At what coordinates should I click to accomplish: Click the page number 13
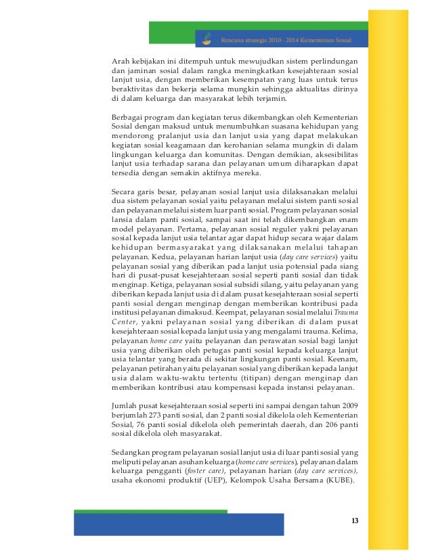tap(355, 520)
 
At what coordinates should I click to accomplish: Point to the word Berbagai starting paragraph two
tap(128, 117)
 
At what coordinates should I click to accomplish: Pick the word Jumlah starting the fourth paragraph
tap(125, 405)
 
